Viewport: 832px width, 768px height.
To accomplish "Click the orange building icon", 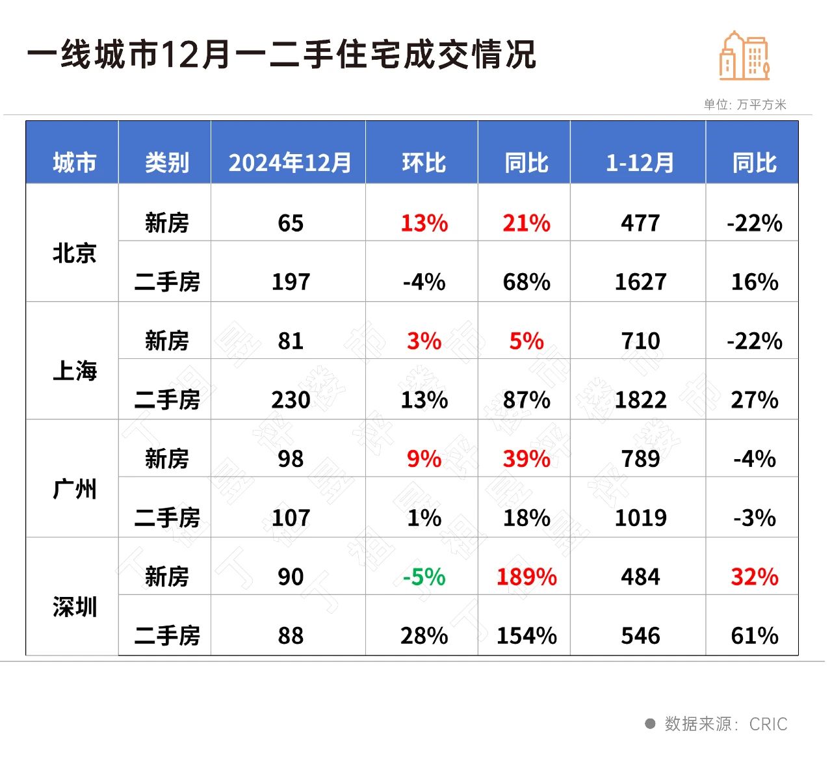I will pyautogui.click(x=744, y=56).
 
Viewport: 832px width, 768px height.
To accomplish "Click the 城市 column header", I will pyautogui.click(x=74, y=163).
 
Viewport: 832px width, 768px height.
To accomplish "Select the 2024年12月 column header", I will pyautogui.click(x=289, y=163).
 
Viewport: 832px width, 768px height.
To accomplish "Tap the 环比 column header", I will pyautogui.click(x=424, y=163).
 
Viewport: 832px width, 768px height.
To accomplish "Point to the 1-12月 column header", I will pyautogui.click(x=640, y=163).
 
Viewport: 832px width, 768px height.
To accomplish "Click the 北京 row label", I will pyautogui.click(x=74, y=253).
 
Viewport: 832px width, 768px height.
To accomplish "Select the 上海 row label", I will pyautogui.click(x=74, y=371).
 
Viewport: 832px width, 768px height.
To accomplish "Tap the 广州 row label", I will pyautogui.click(x=74, y=489).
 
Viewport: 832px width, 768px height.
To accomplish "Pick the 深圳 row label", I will pyautogui.click(x=74, y=607).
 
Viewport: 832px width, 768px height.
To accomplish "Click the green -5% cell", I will pyautogui.click(x=424, y=577).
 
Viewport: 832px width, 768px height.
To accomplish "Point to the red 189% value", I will pyautogui.click(x=526, y=577).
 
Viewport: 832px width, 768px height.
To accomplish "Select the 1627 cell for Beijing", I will pyautogui.click(x=640, y=282).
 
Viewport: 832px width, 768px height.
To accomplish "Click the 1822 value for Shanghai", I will pyautogui.click(x=640, y=400).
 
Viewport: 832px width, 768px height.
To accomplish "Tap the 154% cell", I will pyautogui.click(x=526, y=635).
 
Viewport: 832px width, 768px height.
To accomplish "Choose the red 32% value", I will pyautogui.click(x=754, y=577).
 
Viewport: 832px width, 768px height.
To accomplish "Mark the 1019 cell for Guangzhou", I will pyautogui.click(x=640, y=518).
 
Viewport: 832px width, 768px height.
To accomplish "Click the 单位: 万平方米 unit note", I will pyautogui.click(x=745, y=105).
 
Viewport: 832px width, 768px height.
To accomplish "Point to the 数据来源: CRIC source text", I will pyautogui.click(x=725, y=724).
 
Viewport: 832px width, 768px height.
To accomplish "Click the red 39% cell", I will pyautogui.click(x=526, y=459).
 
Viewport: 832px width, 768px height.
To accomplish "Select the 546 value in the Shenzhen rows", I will pyautogui.click(x=640, y=635).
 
